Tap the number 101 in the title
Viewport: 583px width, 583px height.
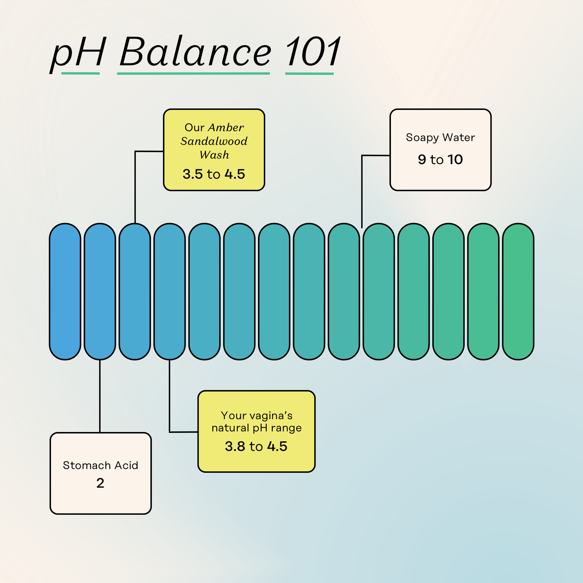click(313, 51)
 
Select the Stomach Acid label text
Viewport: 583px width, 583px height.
click(100, 465)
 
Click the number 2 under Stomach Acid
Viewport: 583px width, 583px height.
click(100, 483)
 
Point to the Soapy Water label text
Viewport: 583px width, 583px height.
click(440, 138)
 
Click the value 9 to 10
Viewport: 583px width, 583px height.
click(440, 159)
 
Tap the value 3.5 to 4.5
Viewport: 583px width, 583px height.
click(214, 174)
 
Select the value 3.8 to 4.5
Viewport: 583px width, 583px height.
click(256, 446)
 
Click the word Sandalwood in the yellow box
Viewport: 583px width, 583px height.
click(214, 141)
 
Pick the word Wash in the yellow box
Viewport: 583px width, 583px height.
click(214, 155)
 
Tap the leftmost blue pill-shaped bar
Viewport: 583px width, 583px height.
click(65, 291)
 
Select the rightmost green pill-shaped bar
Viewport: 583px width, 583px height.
click(518, 291)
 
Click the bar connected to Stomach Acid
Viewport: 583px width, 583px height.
click(100, 291)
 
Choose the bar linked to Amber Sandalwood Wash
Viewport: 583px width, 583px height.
click(135, 291)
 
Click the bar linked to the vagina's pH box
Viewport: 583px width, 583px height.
click(170, 291)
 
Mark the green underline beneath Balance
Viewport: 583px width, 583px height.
click(194, 73)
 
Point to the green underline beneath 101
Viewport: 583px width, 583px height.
click(309, 73)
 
